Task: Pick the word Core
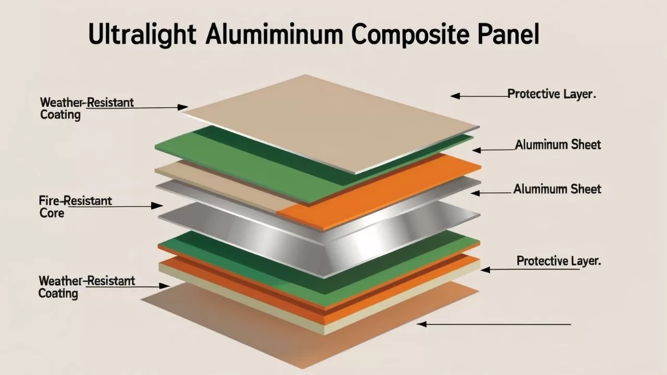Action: pos(52,213)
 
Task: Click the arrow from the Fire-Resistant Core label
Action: pos(135,206)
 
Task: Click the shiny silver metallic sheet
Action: pos(323,240)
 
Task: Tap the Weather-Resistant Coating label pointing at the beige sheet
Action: pos(87,108)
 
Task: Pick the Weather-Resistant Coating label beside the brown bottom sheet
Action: pos(87,287)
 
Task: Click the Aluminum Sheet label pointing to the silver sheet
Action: pos(557,189)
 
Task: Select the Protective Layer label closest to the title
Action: pos(552,94)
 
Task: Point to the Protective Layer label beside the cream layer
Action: pos(559,261)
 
